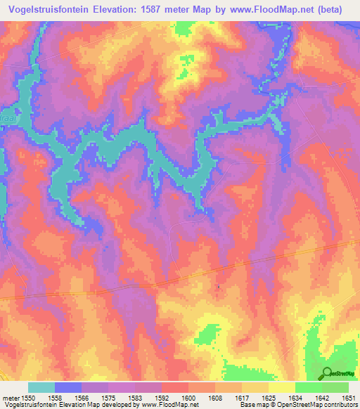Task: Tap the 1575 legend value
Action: point(109,398)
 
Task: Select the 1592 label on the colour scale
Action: point(162,398)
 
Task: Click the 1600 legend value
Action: point(189,398)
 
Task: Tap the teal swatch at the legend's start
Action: point(41,387)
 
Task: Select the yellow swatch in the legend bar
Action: point(282,387)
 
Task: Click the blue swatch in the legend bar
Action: point(68,387)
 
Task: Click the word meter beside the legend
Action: point(10,398)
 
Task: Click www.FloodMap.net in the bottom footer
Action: point(169,405)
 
